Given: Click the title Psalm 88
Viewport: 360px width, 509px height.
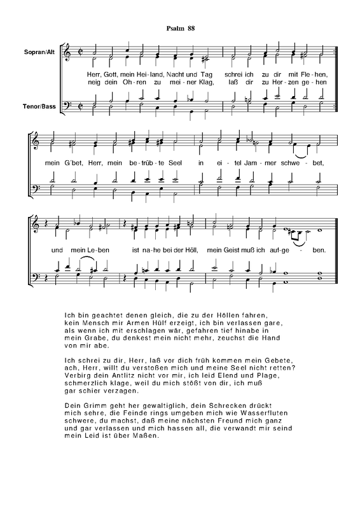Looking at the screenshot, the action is tap(180, 29).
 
